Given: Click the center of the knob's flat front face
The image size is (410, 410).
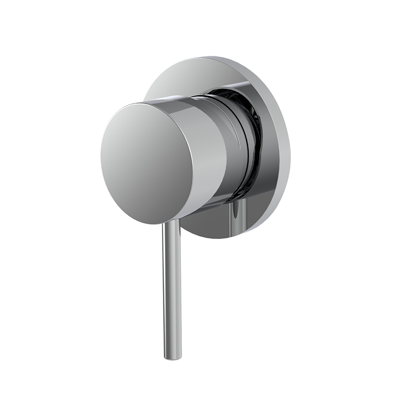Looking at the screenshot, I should [x=147, y=162].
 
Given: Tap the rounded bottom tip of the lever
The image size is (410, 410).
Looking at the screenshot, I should [x=173, y=357].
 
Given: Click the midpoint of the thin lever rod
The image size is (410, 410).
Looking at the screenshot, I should [x=172, y=290].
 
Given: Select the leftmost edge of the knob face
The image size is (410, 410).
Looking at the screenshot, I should [x=101, y=154].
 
